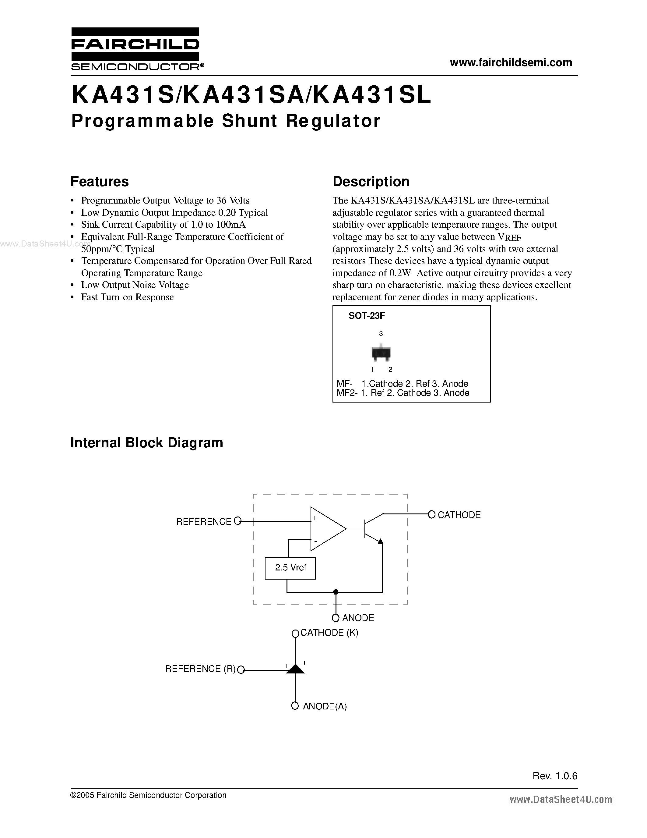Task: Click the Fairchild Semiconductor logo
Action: click(x=135, y=49)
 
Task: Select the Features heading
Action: click(x=100, y=182)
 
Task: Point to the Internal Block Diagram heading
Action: click(x=146, y=442)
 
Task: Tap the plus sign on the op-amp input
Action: click(x=315, y=518)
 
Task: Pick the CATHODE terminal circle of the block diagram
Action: click(x=432, y=515)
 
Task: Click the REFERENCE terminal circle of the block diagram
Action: click(x=238, y=521)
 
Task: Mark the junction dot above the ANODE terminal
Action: click(x=336, y=592)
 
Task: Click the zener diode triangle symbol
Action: click(x=295, y=669)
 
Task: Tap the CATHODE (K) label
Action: click(x=329, y=633)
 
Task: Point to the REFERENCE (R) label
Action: click(x=200, y=669)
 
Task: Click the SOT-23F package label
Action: click(x=366, y=316)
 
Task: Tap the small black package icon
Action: click(x=381, y=353)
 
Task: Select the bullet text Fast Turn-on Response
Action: click(x=127, y=297)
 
